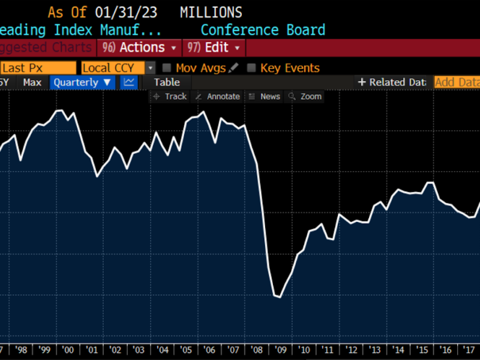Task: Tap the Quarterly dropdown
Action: (82, 82)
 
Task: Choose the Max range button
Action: (32, 82)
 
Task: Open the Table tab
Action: (167, 82)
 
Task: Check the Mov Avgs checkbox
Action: (167, 68)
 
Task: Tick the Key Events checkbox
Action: (251, 68)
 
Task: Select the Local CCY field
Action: (113, 68)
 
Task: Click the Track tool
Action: (170, 96)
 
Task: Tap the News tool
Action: (265, 96)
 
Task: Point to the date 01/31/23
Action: (130, 12)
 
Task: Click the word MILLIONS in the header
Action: (211, 12)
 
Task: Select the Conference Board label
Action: (263, 30)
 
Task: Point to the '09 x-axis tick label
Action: (281, 350)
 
